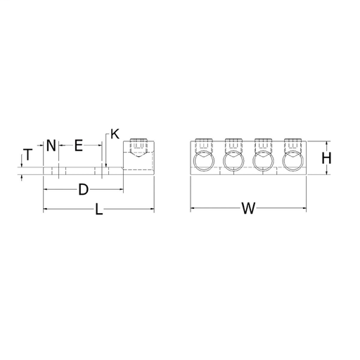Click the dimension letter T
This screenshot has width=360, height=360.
(28, 155)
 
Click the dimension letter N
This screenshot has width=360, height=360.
(51, 146)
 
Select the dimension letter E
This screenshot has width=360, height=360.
(79, 146)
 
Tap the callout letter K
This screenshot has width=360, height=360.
(115, 134)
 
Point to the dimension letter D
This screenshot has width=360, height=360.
(83, 189)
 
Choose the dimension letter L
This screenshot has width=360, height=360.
(99, 209)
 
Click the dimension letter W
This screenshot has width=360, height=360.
(248, 208)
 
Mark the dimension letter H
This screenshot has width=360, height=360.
(326, 158)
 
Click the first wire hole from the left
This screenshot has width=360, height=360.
(204, 161)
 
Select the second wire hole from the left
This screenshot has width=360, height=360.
(233, 161)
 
